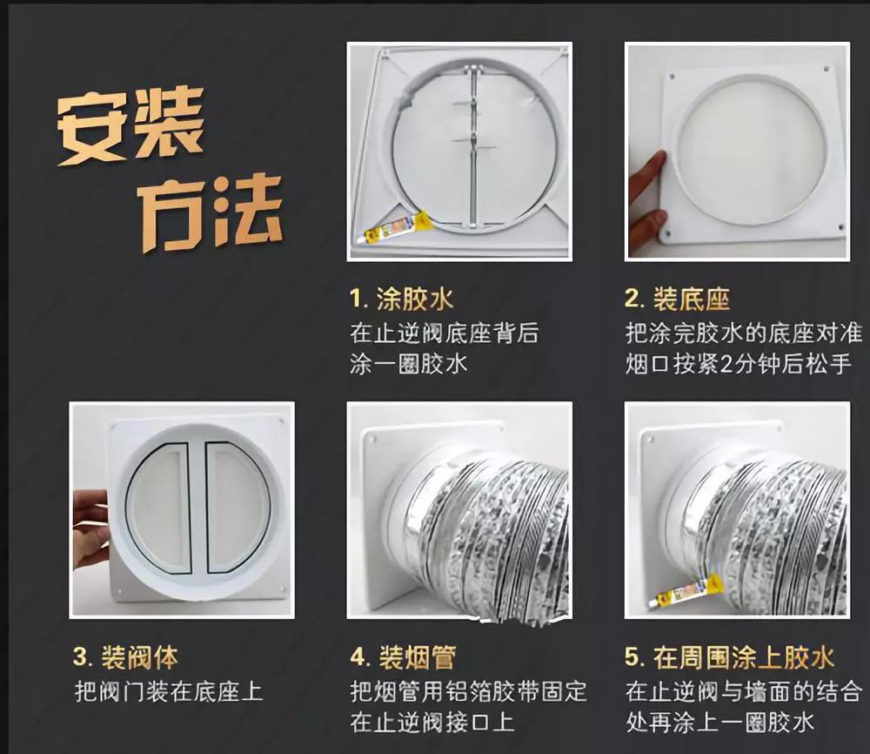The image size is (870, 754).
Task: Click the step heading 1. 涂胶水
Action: point(401,300)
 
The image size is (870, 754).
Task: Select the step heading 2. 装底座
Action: point(677,300)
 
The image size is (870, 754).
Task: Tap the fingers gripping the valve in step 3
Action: point(90,522)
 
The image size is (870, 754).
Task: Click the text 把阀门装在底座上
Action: point(169,692)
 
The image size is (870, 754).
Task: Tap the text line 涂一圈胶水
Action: point(409,363)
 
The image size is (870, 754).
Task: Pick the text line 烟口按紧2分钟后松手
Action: point(738,363)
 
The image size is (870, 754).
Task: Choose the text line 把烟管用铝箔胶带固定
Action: point(469,692)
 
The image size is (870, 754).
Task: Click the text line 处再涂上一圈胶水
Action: point(719,722)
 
